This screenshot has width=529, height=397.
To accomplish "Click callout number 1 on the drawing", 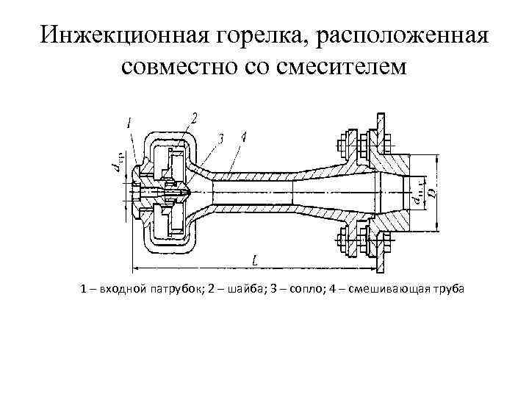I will click(129, 124).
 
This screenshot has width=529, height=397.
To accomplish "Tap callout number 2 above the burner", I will click(194, 118).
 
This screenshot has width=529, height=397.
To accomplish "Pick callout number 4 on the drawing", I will click(243, 137).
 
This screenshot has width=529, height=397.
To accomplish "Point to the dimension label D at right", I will click(434, 192).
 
